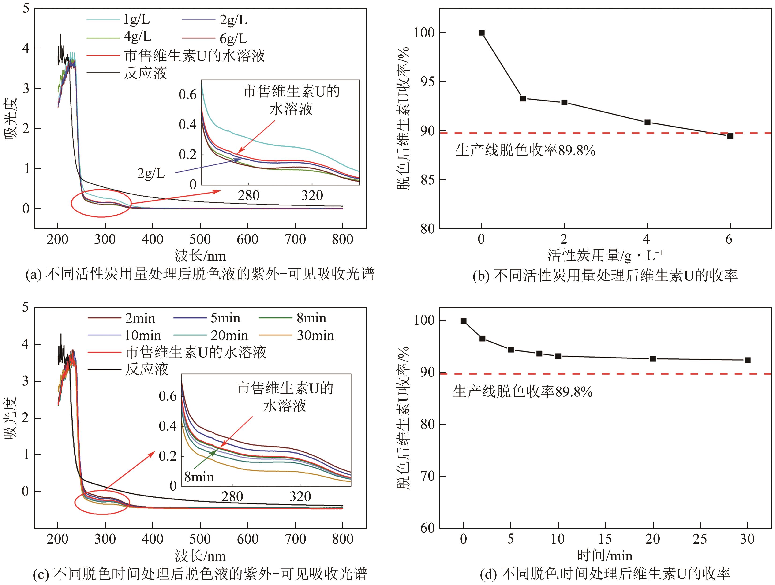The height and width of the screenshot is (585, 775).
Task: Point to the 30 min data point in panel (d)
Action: pyautogui.click(x=747, y=360)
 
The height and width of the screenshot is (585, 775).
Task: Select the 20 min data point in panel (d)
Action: pyautogui.click(x=653, y=359)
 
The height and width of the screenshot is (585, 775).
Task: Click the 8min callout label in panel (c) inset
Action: pyautogui.click(x=199, y=477)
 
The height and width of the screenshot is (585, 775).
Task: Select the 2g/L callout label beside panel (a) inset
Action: pyautogui.click(x=151, y=173)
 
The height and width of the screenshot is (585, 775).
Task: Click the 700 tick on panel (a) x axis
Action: pyautogui.click(x=295, y=240)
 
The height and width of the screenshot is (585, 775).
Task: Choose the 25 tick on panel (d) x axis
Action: pyautogui.click(x=700, y=539)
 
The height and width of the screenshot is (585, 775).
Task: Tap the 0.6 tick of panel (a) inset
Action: pyautogui.click(x=188, y=95)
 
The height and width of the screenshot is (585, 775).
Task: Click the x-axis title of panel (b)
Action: pyautogui.click(x=605, y=256)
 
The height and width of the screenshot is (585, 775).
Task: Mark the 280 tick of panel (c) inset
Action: pyautogui.click(x=232, y=496)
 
